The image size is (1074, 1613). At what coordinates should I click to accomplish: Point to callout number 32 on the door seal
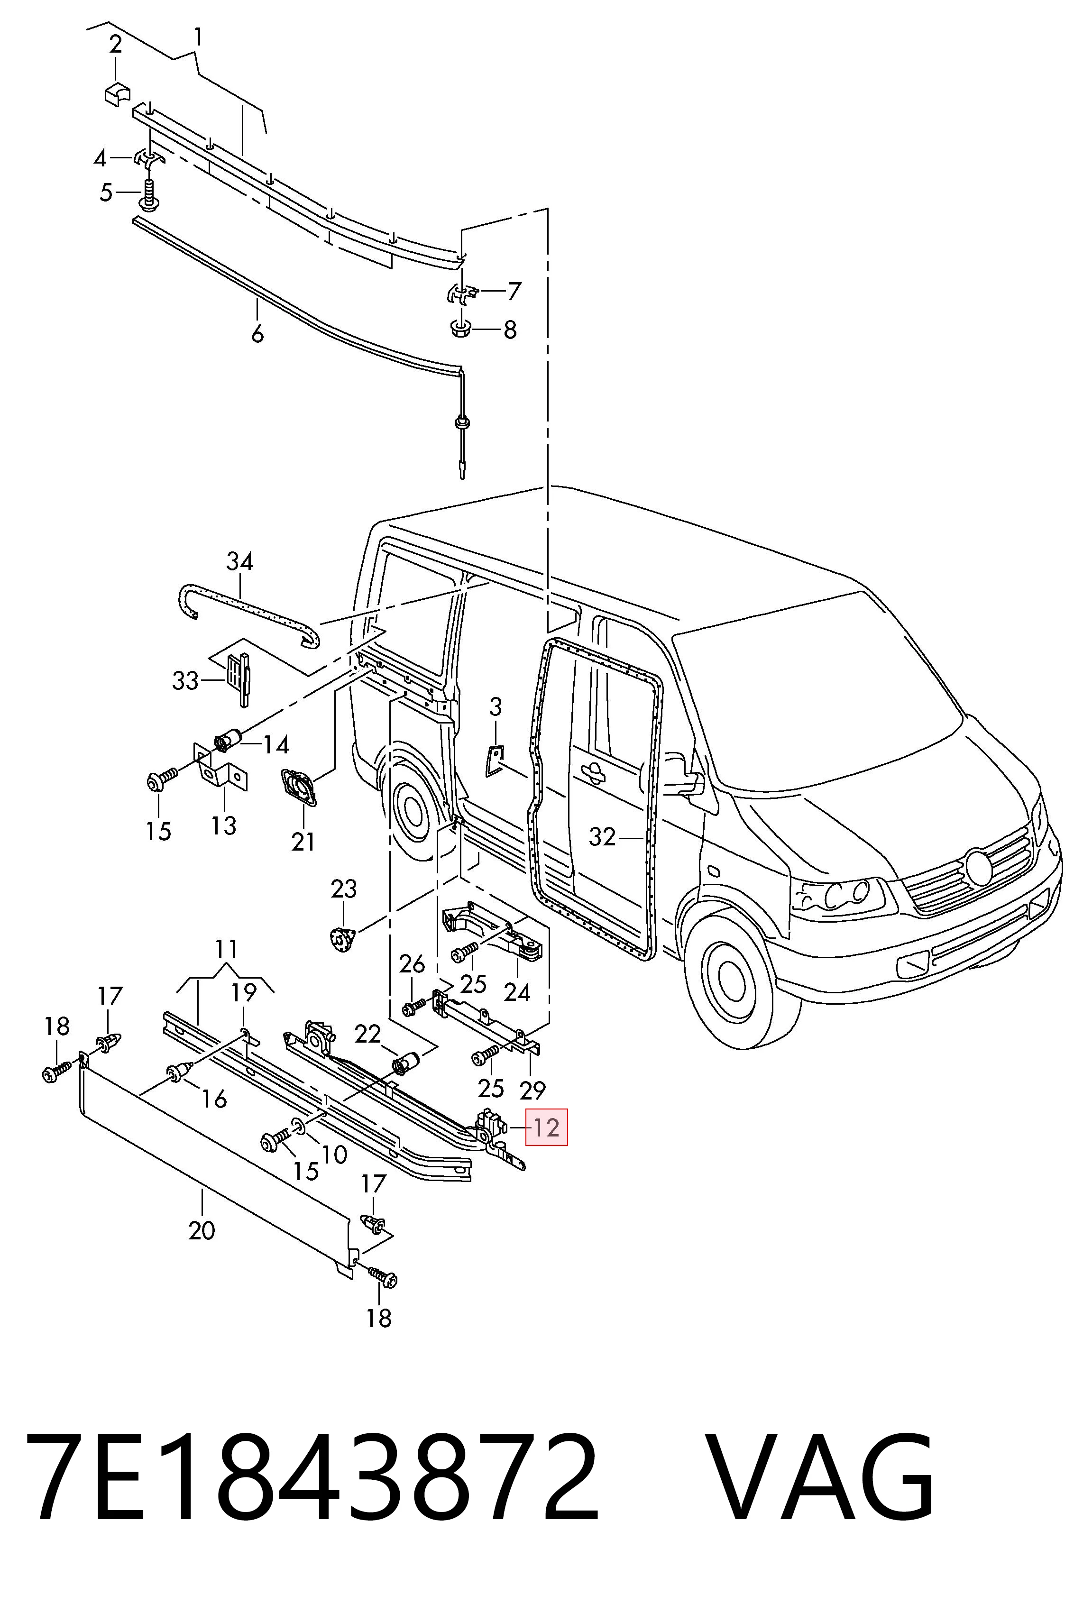(603, 837)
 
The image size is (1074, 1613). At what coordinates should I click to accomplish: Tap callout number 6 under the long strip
(257, 334)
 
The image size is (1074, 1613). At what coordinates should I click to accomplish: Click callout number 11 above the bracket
(226, 949)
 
